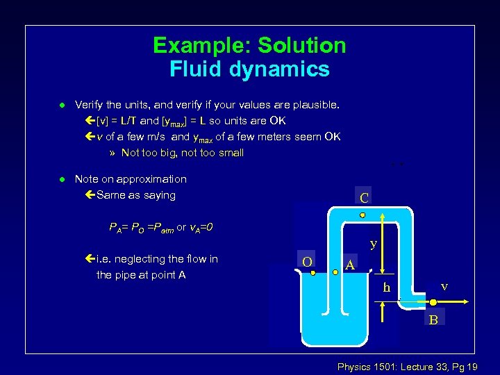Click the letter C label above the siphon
click(x=365, y=198)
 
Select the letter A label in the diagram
click(x=351, y=265)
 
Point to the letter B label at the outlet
click(x=433, y=320)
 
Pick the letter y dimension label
click(x=374, y=244)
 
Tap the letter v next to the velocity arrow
click(x=444, y=286)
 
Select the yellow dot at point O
click(x=313, y=273)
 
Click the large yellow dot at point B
click(x=433, y=302)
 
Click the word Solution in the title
click(x=302, y=46)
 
